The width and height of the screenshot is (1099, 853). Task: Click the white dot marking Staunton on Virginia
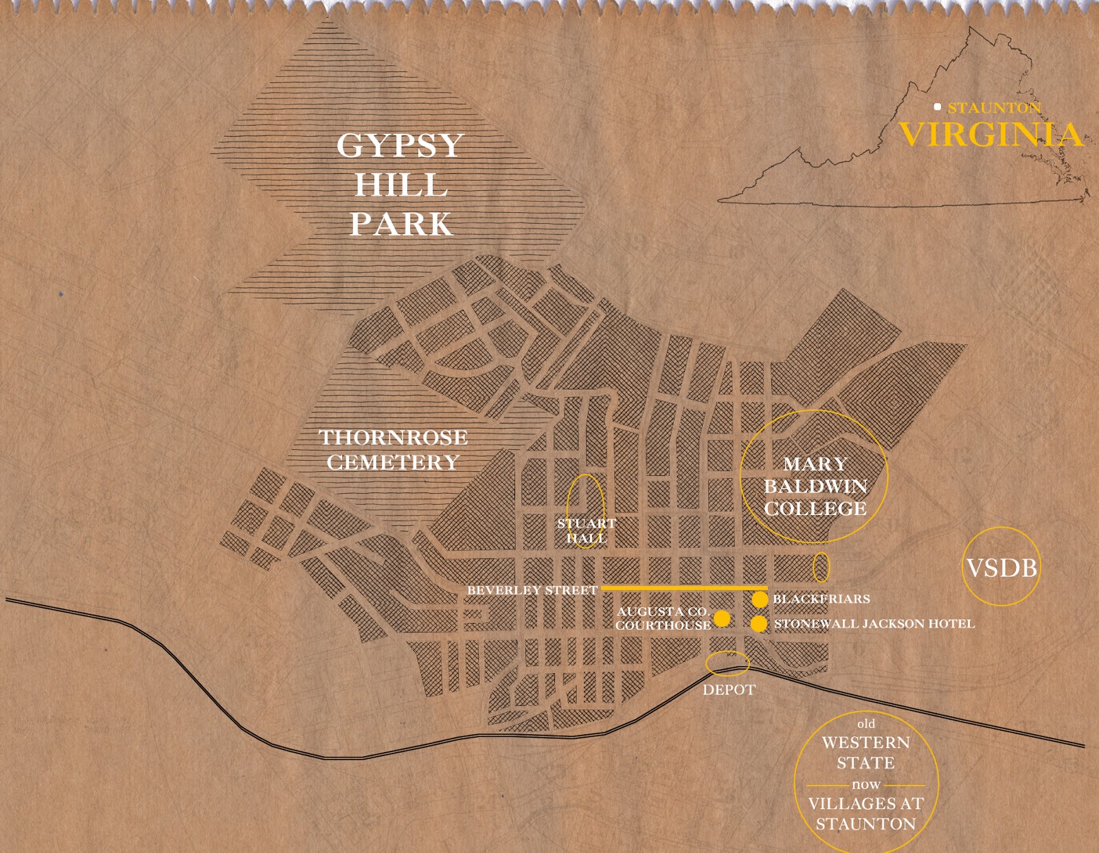pos(937,106)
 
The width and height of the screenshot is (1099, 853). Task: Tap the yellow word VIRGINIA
pos(990,134)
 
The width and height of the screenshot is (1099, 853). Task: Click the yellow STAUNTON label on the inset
pos(994,108)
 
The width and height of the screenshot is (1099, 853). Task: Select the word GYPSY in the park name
pos(400,146)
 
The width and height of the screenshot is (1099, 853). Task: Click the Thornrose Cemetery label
pos(393,450)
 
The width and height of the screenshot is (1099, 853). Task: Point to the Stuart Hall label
pos(586,530)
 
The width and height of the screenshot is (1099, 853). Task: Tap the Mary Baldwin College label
pos(815,486)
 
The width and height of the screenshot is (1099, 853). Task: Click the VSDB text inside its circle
pos(1001,568)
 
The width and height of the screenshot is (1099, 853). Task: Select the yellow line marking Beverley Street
pos(683,589)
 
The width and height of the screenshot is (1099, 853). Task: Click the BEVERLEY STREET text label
pos(532,590)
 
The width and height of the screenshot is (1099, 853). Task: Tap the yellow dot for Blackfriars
pos(759,599)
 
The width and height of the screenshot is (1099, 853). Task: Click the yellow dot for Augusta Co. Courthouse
pos(722,618)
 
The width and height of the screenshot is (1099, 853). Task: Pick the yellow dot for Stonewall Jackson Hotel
pos(758,624)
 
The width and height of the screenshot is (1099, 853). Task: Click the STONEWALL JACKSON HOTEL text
pos(874,624)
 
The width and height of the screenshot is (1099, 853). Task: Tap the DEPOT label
pos(729,690)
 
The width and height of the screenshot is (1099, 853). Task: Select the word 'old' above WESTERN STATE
pos(866,723)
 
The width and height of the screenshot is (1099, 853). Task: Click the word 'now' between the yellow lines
pos(865,784)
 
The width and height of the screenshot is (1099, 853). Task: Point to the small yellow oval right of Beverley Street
pos(821,567)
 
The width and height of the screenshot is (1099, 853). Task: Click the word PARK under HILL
pos(400,225)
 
